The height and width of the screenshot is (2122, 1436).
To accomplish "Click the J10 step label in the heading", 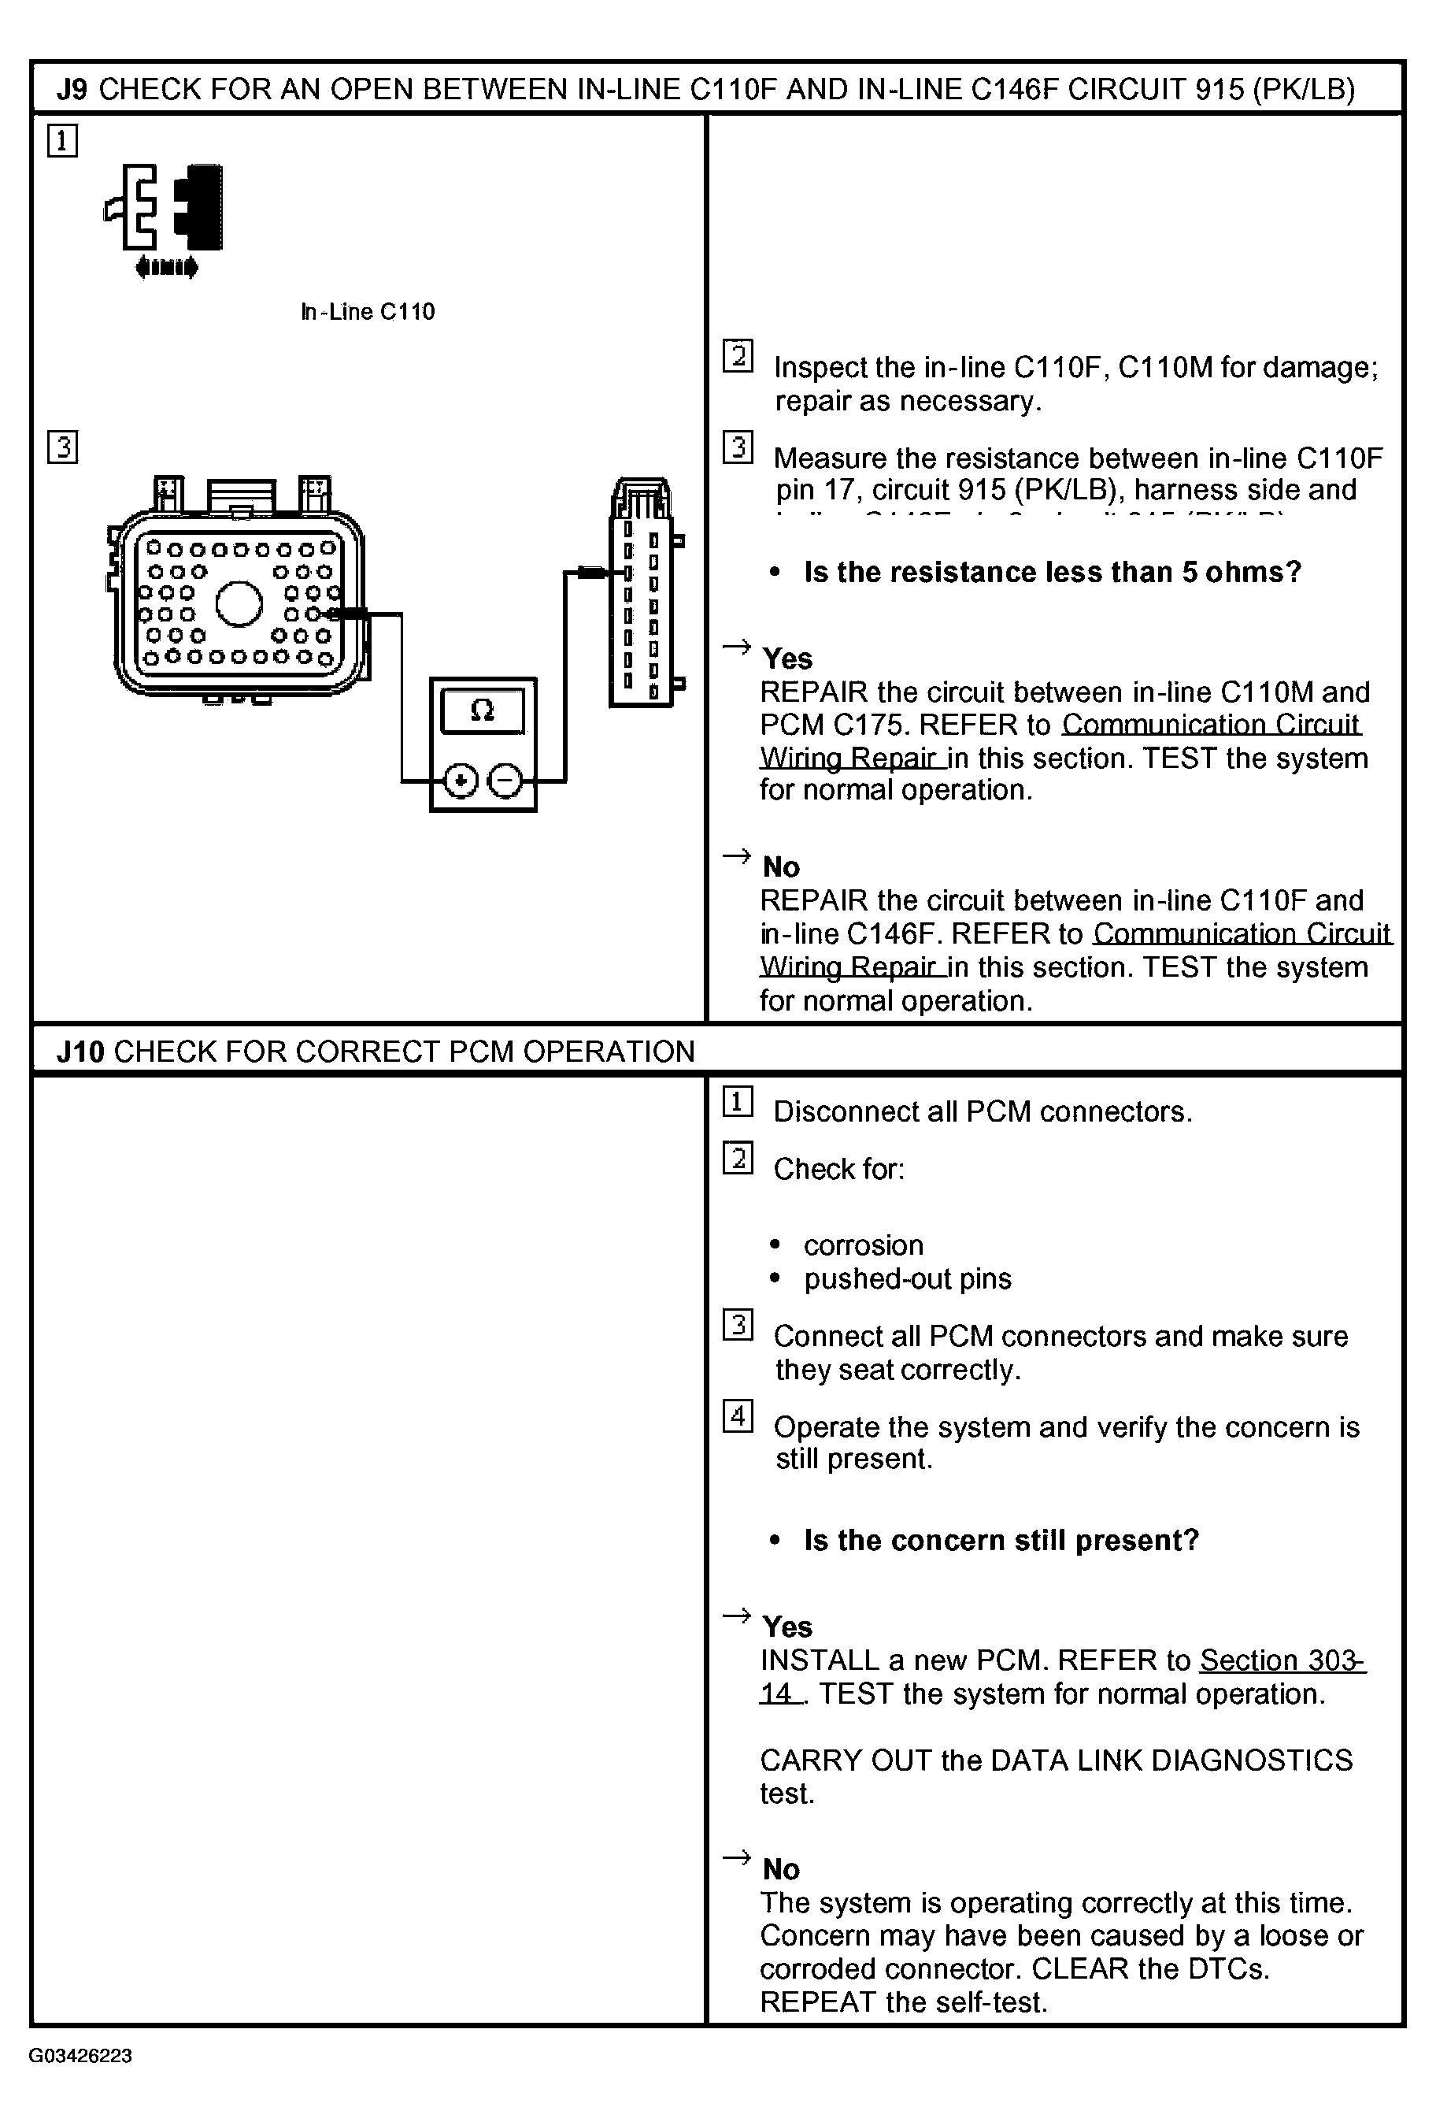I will (80, 1051).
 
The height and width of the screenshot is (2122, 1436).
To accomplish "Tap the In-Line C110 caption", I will (367, 311).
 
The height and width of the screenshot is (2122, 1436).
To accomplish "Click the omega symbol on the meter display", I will (482, 710).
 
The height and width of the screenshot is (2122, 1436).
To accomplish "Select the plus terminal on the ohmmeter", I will (461, 781).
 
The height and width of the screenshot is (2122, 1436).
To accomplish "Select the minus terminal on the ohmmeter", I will (505, 781).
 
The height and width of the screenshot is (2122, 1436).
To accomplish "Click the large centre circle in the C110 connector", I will (239, 603).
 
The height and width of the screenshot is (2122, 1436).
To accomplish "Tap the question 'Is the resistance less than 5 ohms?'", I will (1052, 573).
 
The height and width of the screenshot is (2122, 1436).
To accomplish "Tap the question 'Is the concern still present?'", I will (1001, 1541).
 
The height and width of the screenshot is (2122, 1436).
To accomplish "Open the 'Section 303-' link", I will (1282, 1660).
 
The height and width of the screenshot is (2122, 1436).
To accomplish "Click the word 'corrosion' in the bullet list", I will (863, 1245).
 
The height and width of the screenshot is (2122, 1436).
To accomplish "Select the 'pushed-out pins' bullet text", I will (908, 1278).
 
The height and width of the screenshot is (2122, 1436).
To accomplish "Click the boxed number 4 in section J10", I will (738, 1415).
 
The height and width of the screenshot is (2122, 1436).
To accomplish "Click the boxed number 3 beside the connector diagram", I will (62, 447).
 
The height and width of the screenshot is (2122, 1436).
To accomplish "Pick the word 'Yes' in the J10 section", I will (787, 1627).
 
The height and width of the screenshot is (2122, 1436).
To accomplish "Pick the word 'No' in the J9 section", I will (780, 866).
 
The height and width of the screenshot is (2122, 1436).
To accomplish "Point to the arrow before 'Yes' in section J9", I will (736, 648).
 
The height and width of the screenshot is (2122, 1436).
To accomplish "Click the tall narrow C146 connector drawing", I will (642, 593).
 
